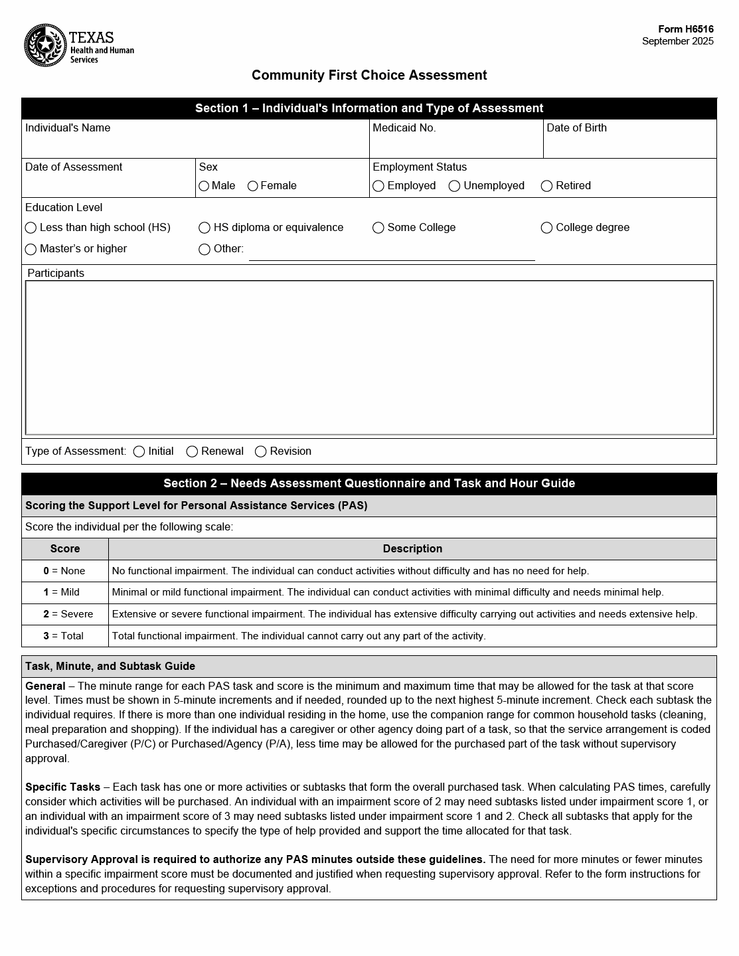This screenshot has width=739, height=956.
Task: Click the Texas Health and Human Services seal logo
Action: click(45, 45)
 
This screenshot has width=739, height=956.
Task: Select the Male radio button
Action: click(204, 187)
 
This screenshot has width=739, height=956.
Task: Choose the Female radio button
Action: click(253, 187)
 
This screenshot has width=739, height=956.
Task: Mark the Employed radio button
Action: click(378, 187)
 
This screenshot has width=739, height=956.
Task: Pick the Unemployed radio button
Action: click(455, 187)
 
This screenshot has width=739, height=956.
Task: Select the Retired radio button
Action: click(547, 187)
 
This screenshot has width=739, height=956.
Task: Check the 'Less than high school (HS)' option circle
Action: click(31, 228)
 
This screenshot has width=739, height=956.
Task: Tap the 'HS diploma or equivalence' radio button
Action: click(205, 228)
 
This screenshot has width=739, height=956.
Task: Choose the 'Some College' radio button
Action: click(378, 228)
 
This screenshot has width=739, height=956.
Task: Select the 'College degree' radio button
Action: click(547, 228)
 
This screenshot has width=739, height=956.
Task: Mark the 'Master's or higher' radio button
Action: click(31, 250)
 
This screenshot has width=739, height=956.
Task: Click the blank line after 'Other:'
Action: click(392, 253)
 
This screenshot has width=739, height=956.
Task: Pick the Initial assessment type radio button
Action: click(139, 452)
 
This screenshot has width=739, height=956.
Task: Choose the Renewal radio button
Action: click(193, 452)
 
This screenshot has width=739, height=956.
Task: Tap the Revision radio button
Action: click(261, 452)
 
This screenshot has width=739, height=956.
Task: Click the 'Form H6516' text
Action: click(686, 29)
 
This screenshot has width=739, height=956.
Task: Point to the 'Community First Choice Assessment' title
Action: click(369, 76)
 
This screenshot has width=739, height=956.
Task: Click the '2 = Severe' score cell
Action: click(65, 614)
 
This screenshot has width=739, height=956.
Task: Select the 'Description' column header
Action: click(412, 549)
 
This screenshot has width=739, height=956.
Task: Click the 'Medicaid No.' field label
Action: click(404, 128)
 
